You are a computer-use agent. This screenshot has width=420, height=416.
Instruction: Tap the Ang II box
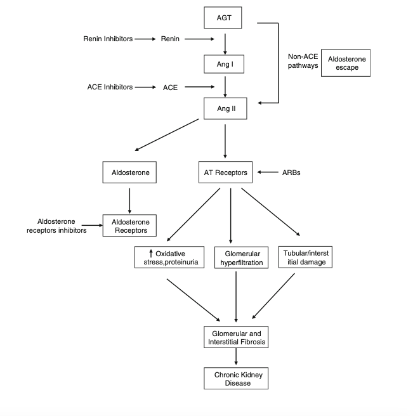225,108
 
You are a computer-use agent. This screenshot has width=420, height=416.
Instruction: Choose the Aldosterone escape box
346,63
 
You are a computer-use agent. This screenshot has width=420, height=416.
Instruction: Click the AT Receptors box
225,172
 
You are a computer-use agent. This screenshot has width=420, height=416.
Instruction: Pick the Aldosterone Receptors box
129,225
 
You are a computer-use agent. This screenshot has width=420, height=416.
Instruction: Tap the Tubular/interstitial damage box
304,256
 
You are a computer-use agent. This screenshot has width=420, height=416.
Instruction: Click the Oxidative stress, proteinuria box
169,257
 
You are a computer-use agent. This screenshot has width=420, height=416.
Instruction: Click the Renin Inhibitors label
108,39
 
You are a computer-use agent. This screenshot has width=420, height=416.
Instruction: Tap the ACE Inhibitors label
110,87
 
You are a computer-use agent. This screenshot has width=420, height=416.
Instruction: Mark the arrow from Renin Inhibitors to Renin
145,39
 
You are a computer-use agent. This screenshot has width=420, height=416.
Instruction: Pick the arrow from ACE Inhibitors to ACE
145,87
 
